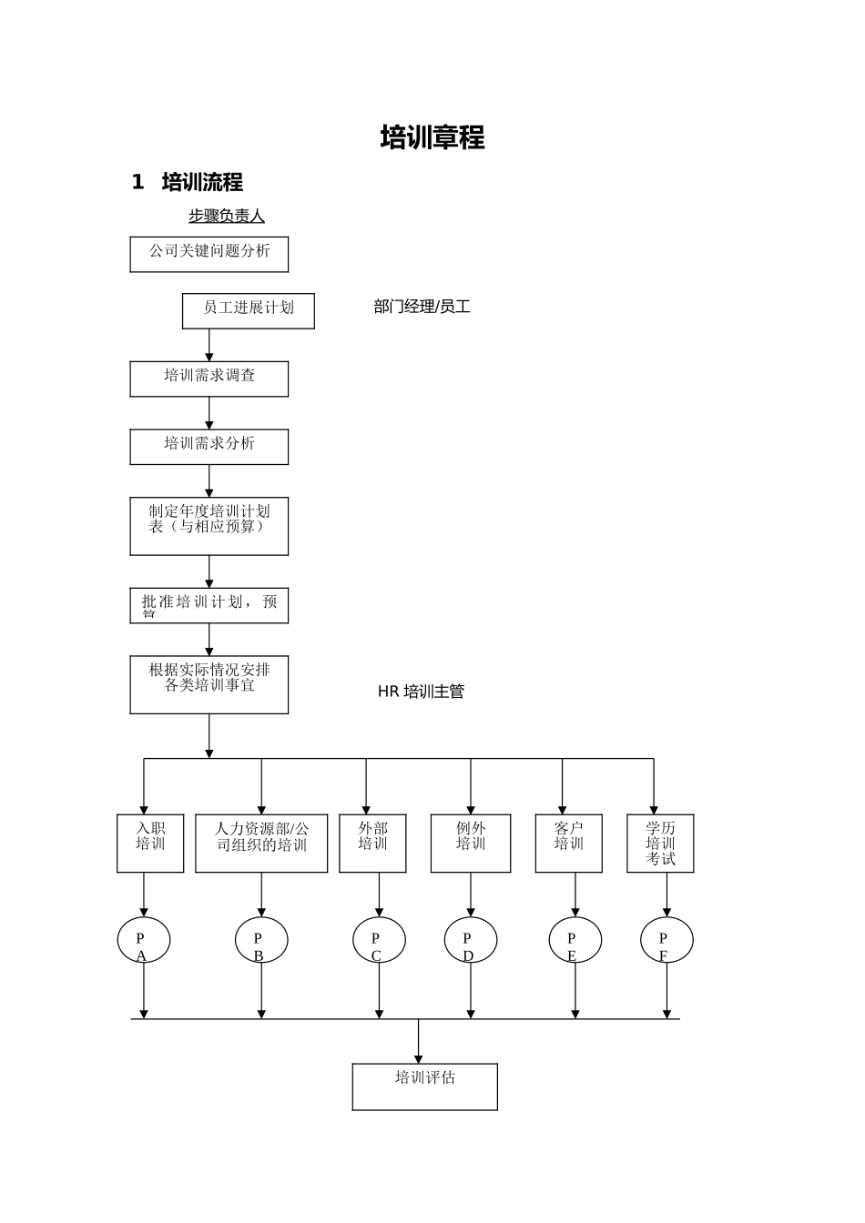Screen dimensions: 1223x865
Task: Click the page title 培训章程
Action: pos(432,137)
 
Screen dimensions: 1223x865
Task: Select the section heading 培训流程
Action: pos(201,182)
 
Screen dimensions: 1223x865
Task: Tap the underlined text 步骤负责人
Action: pos(226,216)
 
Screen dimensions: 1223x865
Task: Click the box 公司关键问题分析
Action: pos(209,254)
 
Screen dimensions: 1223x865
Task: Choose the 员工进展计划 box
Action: pos(248,310)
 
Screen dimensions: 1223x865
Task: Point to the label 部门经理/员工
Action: pos(422,307)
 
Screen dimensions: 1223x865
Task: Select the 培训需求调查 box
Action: pos(209,379)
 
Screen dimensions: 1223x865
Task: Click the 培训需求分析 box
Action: pos(209,447)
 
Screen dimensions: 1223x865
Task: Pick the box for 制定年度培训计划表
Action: pos(209,525)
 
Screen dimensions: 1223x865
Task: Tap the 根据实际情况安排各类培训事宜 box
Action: pos(209,684)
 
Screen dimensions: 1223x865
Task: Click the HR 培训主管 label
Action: pos(421,692)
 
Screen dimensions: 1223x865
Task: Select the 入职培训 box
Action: pos(150,843)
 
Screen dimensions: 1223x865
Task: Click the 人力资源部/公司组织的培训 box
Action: pos(261,843)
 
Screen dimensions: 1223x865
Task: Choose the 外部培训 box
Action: pos(372,843)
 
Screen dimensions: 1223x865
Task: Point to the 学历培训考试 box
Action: pos(660,843)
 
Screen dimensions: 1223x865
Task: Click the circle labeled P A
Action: pos(144,940)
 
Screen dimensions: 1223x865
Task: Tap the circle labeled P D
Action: pos(471,940)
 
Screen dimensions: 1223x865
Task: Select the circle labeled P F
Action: pos(667,940)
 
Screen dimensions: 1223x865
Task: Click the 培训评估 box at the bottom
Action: pos(424,1087)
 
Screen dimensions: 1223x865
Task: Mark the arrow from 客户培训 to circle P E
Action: pos(575,895)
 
